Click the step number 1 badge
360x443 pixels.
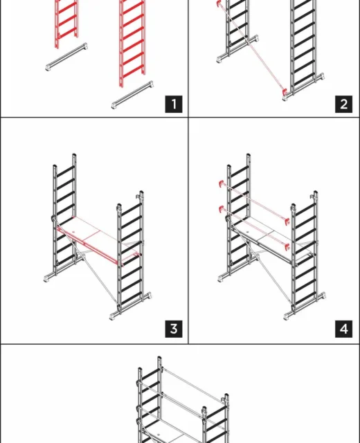point(174,104)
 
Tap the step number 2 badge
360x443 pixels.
point(343,104)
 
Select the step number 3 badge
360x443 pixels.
point(174,329)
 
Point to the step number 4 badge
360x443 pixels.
point(343,329)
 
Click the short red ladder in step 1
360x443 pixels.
point(66,23)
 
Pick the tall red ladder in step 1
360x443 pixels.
point(132,42)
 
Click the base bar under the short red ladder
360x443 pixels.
point(66,57)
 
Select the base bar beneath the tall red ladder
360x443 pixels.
point(132,95)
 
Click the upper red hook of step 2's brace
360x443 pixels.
point(219,3)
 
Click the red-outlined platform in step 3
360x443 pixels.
point(98,241)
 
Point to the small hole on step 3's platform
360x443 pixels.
point(74,232)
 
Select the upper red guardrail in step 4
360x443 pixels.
point(254,201)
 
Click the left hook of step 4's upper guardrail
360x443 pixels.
point(222,183)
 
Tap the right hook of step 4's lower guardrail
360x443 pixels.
point(287,246)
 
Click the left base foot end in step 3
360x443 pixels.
point(46,278)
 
